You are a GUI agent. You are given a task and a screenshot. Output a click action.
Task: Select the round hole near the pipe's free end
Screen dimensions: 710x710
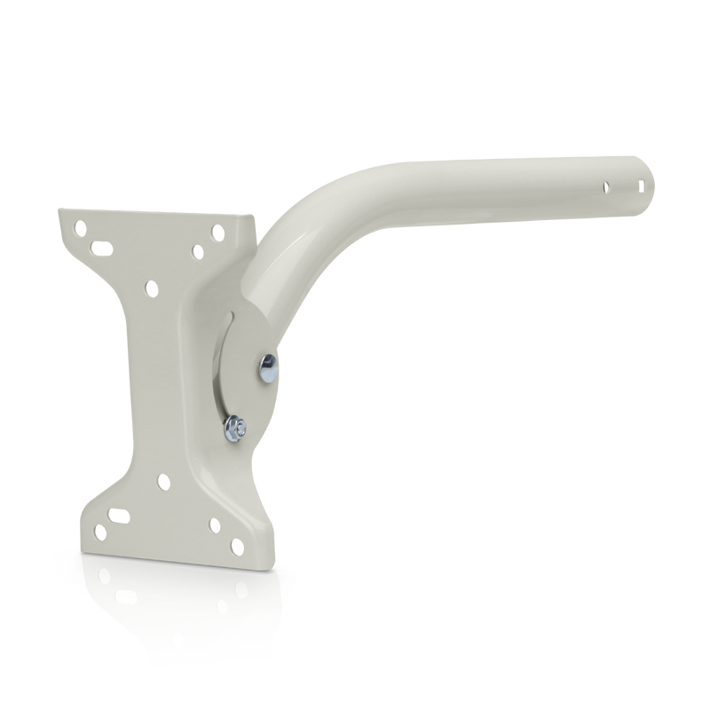[607, 187]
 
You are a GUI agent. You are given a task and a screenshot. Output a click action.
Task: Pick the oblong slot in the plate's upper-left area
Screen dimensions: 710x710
[101, 244]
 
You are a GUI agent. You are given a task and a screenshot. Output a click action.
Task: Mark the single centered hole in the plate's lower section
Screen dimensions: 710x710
[163, 482]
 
